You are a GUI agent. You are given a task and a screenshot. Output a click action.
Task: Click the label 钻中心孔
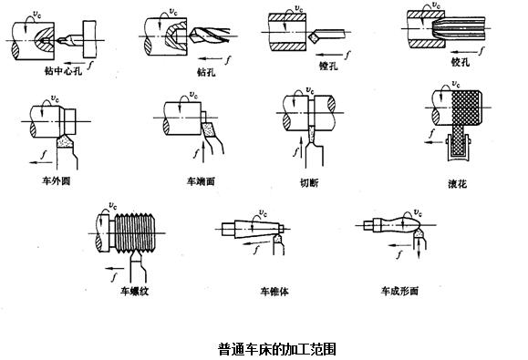pos(63,71)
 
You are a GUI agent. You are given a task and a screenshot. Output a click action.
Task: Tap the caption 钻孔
pos(206,72)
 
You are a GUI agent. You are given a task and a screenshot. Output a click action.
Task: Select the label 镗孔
pos(328,66)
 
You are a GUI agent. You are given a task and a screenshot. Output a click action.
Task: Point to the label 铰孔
pos(461,62)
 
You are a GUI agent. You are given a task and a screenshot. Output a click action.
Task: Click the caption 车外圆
pos(57,181)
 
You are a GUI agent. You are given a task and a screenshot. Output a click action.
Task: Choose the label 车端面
pos(201,181)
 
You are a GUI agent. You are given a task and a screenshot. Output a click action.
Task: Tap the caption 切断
pos(309,183)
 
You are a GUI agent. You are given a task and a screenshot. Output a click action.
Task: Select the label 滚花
pos(457,184)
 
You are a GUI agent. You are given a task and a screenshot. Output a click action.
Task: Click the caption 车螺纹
pos(135,291)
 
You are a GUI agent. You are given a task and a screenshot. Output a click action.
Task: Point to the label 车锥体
pos(274,292)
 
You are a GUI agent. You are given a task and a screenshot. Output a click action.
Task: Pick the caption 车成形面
pos(399,291)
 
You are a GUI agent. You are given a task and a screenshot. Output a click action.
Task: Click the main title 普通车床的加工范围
pos(277,349)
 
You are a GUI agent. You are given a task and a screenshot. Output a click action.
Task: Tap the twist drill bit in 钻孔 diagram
pos(210,36)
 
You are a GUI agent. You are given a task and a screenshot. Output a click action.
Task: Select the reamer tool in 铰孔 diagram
pos(458,28)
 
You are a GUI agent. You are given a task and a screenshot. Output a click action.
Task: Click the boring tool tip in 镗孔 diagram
pos(313,36)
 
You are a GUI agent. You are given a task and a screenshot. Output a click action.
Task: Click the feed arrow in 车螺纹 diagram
pos(115,269)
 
